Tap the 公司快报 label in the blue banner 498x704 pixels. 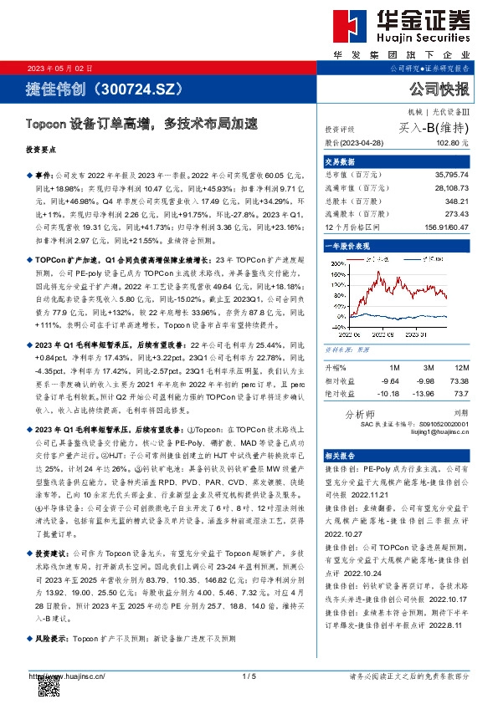(438, 89)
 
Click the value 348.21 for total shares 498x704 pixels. (457, 202)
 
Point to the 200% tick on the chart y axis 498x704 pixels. (336, 262)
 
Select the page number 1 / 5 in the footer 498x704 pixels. (248, 676)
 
